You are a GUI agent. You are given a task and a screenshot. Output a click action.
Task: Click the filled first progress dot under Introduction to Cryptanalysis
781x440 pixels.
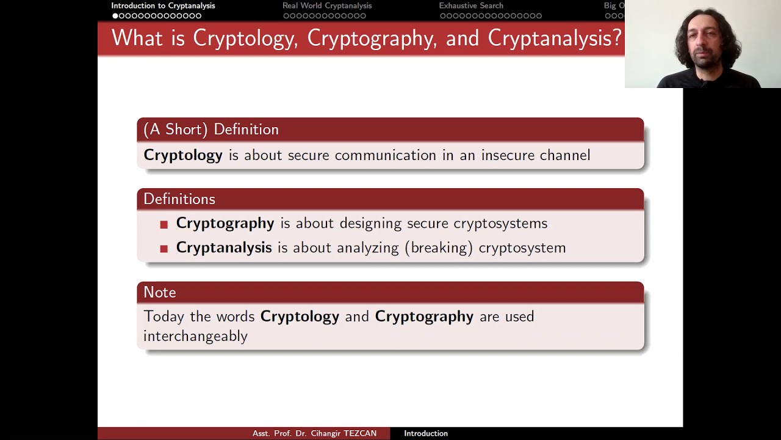point(115,16)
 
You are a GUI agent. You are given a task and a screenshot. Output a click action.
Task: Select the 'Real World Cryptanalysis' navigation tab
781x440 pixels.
point(326,5)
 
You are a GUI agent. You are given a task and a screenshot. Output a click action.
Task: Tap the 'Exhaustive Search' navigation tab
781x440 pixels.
point(470,5)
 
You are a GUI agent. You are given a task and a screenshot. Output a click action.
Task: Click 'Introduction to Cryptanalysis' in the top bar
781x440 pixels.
point(163,5)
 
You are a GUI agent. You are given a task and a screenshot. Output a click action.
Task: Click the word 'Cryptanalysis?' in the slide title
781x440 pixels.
point(554,38)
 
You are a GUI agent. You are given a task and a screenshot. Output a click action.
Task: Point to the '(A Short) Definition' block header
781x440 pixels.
point(211,130)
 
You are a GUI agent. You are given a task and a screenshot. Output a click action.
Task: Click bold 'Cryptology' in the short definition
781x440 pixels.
point(183,155)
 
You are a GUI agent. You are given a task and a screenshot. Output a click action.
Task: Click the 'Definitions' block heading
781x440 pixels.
point(179,199)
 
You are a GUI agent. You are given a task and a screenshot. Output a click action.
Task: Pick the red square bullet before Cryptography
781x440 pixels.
point(164,225)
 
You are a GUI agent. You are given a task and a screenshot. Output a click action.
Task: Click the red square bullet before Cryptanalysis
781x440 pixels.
point(164,249)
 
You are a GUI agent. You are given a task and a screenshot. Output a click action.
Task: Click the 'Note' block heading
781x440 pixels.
point(159,292)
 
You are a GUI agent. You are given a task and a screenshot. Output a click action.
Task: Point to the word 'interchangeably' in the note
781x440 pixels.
point(195,336)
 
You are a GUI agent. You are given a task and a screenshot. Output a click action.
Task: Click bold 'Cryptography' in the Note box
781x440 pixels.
point(424,317)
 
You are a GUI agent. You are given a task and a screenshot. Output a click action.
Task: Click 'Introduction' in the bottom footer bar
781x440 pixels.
point(425,433)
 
